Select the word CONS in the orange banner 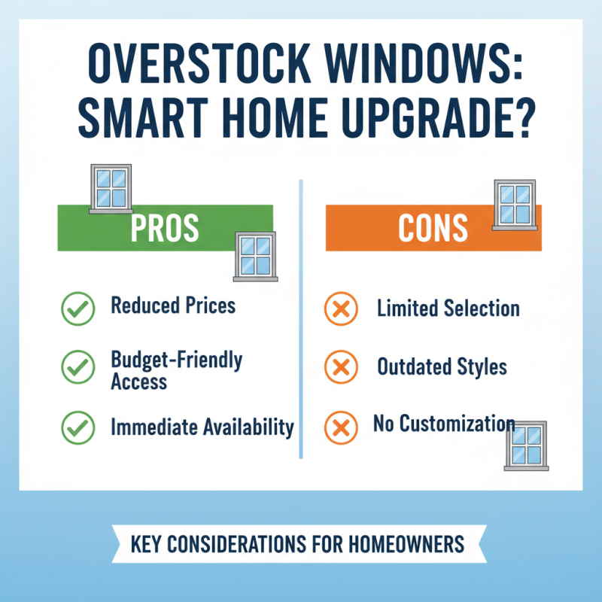433,227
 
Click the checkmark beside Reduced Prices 76,309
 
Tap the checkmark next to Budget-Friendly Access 76,367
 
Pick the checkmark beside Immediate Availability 76,427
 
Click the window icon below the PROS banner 255,256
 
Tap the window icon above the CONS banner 515,203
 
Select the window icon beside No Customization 526,445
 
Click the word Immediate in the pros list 154,427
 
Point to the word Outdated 412,367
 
